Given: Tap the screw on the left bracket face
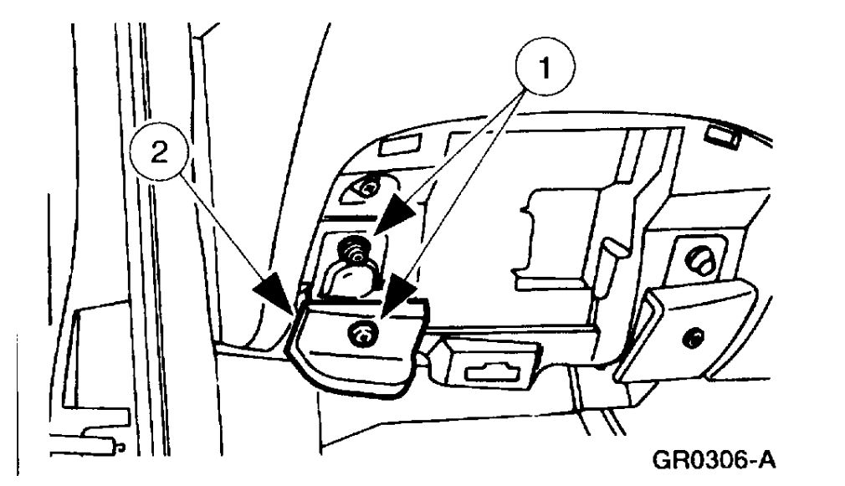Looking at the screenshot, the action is point(366,335).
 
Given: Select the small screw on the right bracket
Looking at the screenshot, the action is point(691,339).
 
